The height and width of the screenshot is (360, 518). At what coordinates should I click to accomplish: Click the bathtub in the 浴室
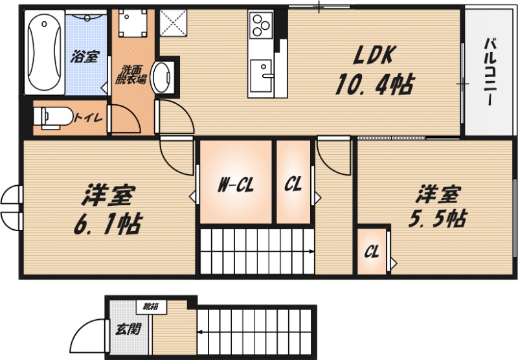(44, 52)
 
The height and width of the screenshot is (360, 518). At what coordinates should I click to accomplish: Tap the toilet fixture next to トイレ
(53, 117)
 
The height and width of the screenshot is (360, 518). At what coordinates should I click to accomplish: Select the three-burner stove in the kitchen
(261, 24)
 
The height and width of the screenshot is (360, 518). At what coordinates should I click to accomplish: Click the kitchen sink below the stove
(262, 76)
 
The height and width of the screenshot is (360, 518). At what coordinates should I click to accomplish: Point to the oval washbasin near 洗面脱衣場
(161, 77)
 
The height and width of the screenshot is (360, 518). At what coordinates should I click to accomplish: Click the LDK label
(374, 56)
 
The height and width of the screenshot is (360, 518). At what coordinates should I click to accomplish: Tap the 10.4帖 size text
(375, 84)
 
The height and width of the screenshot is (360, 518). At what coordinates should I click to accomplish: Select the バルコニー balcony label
(491, 72)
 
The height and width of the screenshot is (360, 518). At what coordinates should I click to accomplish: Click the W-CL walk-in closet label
(236, 185)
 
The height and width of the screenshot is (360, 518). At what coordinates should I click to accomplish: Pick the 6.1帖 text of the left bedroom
(107, 223)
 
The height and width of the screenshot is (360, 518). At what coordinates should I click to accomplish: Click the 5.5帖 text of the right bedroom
(438, 218)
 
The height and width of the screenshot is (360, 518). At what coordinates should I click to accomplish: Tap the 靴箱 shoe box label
(150, 307)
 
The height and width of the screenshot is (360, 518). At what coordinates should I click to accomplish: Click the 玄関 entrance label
(128, 329)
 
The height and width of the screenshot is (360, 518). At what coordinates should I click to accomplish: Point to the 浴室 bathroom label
(85, 56)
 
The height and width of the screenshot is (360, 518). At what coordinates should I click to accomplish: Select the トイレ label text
(88, 118)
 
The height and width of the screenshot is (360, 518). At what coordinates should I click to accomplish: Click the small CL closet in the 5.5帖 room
(372, 251)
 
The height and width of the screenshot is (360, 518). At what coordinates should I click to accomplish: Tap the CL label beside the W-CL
(293, 184)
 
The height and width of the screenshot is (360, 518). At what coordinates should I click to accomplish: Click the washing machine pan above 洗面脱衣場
(133, 23)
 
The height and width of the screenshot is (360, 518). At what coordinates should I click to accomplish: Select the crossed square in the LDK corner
(173, 23)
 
